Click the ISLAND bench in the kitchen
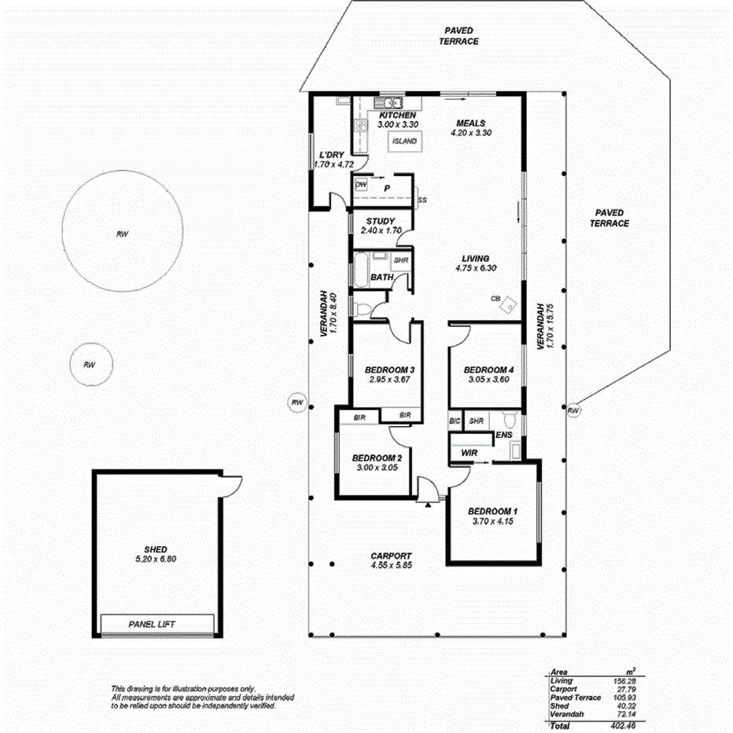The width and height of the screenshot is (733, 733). (x=404, y=142)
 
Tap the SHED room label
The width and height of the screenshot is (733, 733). (x=156, y=549)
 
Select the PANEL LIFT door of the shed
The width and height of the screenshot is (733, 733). (x=157, y=624)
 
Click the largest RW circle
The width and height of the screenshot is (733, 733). (x=123, y=234)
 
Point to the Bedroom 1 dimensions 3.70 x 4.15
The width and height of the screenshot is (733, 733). (x=493, y=521)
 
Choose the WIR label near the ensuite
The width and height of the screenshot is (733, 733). (x=469, y=453)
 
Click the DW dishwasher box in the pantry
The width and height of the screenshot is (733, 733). (x=362, y=186)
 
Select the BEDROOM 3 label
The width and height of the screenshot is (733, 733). (x=389, y=370)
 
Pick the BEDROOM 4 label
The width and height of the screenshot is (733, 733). (x=488, y=370)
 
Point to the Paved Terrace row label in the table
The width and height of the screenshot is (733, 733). (x=576, y=697)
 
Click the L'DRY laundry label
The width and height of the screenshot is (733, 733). (x=328, y=155)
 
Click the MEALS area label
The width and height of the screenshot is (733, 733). (x=471, y=123)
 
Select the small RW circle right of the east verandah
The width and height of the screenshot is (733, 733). (x=573, y=411)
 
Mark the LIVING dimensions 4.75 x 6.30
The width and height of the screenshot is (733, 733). (x=476, y=268)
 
